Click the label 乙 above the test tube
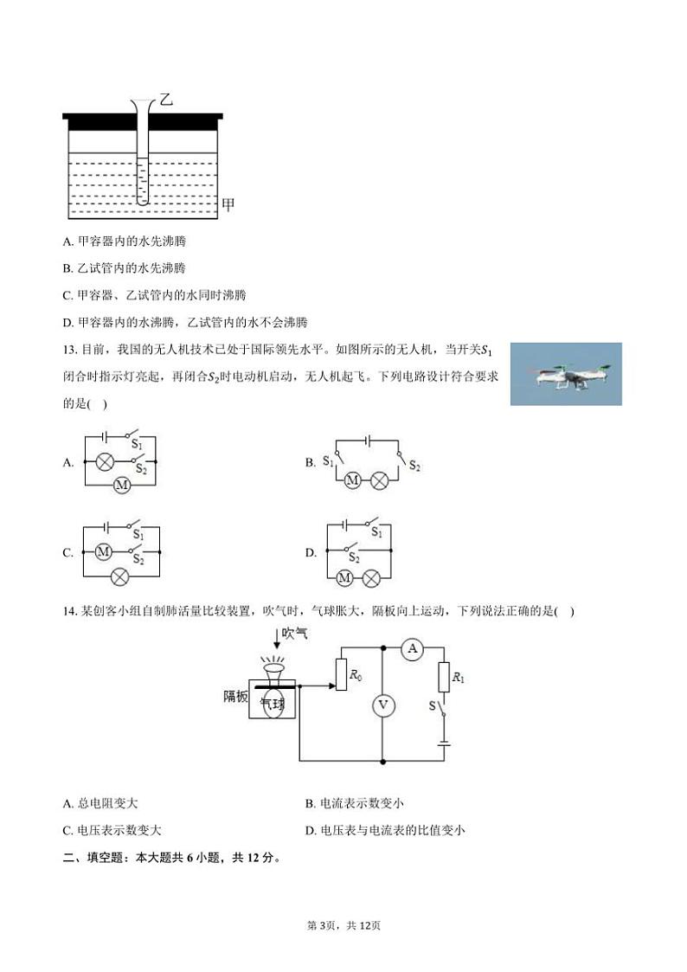click(x=166, y=100)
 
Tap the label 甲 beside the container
click(x=229, y=205)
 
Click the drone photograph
click(x=565, y=374)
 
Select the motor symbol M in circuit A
click(x=122, y=486)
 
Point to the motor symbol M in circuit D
click(x=344, y=578)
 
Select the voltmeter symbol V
click(x=382, y=705)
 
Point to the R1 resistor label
click(x=459, y=678)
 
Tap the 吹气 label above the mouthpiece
click(x=293, y=634)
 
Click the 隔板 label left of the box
click(x=235, y=696)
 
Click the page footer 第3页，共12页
click(x=343, y=925)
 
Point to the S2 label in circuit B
click(x=414, y=467)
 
